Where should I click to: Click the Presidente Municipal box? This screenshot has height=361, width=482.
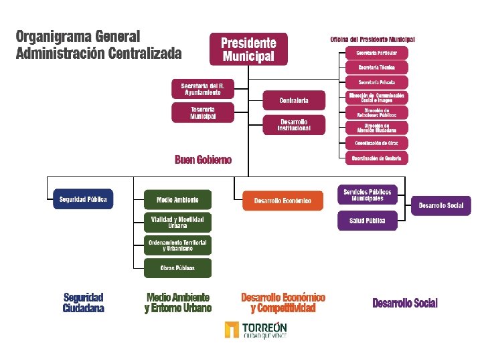(x=248, y=49)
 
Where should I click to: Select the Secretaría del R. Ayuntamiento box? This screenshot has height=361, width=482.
(x=202, y=89)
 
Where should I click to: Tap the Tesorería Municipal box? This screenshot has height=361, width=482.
(x=202, y=112)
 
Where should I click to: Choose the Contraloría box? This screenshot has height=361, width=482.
(x=294, y=100)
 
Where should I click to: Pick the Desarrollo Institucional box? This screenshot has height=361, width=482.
(x=294, y=124)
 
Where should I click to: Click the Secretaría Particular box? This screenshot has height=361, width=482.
(x=376, y=52)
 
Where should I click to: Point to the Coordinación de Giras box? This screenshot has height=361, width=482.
(x=376, y=143)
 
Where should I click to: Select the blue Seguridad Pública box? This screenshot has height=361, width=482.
(x=83, y=199)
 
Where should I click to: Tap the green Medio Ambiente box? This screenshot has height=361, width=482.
(x=177, y=199)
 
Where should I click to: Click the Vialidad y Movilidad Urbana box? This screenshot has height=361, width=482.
(x=177, y=222)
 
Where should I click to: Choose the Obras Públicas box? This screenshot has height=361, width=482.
(x=177, y=268)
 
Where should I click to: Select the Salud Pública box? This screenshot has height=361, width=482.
(x=367, y=221)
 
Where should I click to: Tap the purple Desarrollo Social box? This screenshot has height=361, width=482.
(x=441, y=205)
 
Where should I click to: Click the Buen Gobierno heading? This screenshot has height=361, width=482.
(x=203, y=160)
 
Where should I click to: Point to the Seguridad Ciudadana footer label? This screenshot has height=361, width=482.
(x=84, y=303)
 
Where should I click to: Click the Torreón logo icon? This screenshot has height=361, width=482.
(x=232, y=330)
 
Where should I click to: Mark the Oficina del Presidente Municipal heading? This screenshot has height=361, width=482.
(x=373, y=39)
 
